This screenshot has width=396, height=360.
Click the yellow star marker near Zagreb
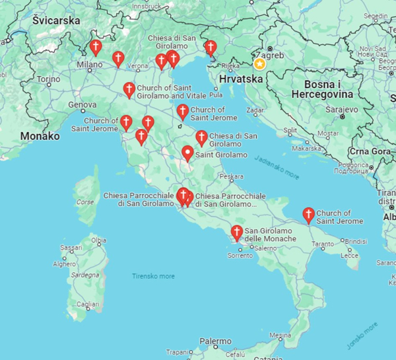click(260, 64)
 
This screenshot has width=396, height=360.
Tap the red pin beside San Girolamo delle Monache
click(236, 233)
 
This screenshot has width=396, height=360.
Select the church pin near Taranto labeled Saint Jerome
click(308, 215)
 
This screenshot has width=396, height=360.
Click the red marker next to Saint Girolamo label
click(187, 154)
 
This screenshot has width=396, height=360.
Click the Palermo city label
click(215, 342)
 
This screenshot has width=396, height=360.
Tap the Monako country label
click(40, 136)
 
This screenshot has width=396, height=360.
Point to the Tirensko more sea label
click(153, 276)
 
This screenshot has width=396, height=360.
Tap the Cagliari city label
click(87, 305)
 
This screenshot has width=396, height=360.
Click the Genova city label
click(82, 104)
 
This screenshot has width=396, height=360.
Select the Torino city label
click(48, 79)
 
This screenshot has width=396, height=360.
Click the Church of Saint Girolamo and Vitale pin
click(129, 89)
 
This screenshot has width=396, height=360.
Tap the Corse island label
click(85, 202)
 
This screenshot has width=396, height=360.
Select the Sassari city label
click(71, 248)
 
